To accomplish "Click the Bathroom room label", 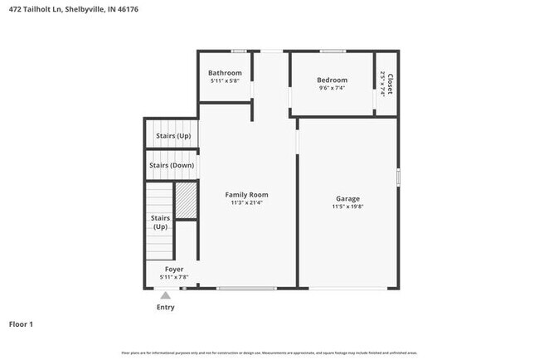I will point(225,72).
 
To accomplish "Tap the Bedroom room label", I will point(332,80).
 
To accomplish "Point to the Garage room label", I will point(347,198).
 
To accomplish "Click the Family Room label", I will point(247,195).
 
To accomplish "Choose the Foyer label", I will point(174,270).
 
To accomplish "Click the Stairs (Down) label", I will point(172,165).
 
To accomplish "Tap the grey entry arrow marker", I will point(166,294).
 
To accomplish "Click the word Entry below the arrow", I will point(166,307).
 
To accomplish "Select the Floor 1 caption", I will point(21,324).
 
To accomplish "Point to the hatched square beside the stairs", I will point(185,201).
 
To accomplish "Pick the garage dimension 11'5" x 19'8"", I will point(347,207).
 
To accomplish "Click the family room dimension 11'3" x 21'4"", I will point(247,203).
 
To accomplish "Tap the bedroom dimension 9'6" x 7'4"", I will point(332,88).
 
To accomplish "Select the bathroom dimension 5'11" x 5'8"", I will point(225,80).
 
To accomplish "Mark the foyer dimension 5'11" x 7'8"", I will point(174,278).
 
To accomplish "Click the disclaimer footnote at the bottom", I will point(269,353).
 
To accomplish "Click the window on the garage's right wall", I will point(398,177).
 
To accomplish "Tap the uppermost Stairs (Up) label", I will point(172,135).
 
